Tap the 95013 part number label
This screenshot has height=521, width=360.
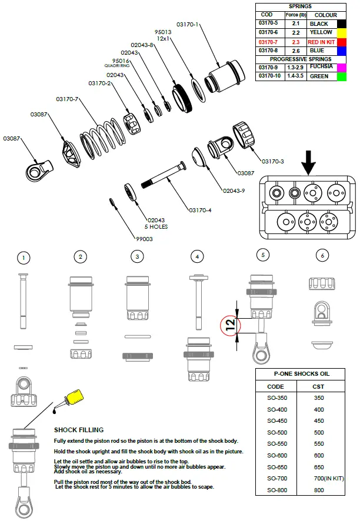coord(163,32)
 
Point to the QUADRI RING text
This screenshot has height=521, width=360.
coord(116,66)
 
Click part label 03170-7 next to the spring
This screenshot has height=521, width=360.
coord(67,99)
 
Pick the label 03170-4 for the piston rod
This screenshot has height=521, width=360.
coord(200,210)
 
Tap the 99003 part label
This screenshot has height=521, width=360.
coord(144,239)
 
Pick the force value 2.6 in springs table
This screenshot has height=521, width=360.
coord(295,51)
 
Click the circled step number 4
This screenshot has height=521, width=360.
coord(198,256)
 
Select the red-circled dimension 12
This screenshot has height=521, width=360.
coord(230,323)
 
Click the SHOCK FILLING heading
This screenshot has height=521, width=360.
coord(79,430)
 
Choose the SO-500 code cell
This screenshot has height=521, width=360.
coord(277,433)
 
